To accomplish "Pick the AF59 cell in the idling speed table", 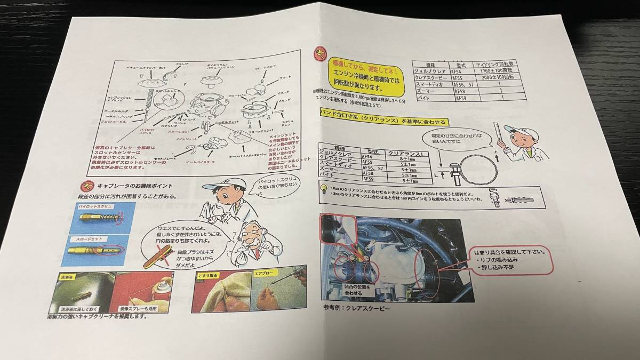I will click(x=460, y=98).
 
